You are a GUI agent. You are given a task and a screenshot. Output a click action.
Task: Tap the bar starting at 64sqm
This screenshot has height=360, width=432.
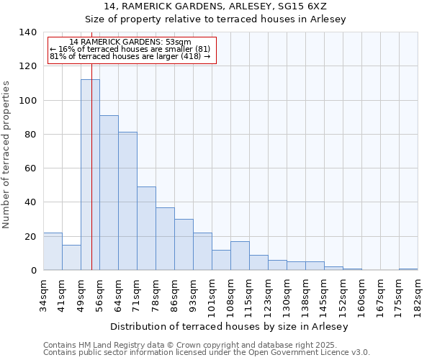(x=127, y=202)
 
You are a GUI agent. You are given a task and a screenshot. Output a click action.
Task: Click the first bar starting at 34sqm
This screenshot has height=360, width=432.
(x=53, y=251)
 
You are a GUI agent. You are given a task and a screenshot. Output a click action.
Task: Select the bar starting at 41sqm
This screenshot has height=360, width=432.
(x=71, y=258)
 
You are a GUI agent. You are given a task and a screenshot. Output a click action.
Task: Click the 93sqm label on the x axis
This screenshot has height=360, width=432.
(x=193, y=292)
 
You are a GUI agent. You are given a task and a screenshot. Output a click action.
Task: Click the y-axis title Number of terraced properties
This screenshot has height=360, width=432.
(x=6, y=154)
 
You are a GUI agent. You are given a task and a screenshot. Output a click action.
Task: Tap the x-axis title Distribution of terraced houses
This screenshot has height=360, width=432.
(x=230, y=327)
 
